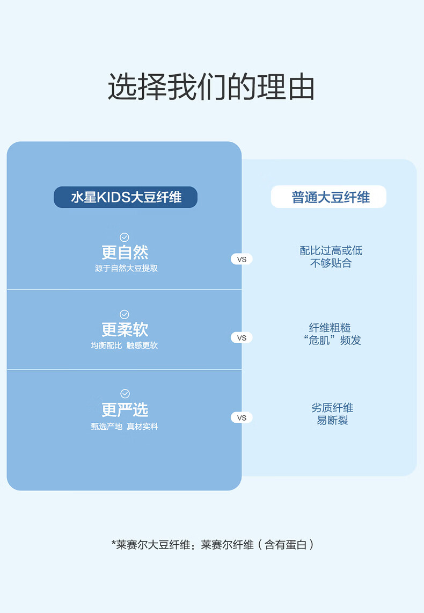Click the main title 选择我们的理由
[211, 86]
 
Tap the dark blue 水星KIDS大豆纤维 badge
[126, 197]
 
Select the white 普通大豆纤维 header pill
[328, 197]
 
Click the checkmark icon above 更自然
[125, 237]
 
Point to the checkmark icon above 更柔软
[125, 314]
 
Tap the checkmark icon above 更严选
[125, 394]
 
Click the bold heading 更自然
[125, 253]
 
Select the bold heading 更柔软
[125, 330]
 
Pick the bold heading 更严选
[125, 410]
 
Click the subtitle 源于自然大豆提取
[126, 268]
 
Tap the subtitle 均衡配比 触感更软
[125, 345]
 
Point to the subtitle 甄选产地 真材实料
[125, 427]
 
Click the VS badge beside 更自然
[242, 259]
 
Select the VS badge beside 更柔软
[242, 338]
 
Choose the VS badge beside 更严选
[242, 417]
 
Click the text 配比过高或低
[331, 250]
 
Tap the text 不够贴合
[331, 263]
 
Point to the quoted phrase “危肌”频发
[332, 341]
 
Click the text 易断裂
[332, 420]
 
